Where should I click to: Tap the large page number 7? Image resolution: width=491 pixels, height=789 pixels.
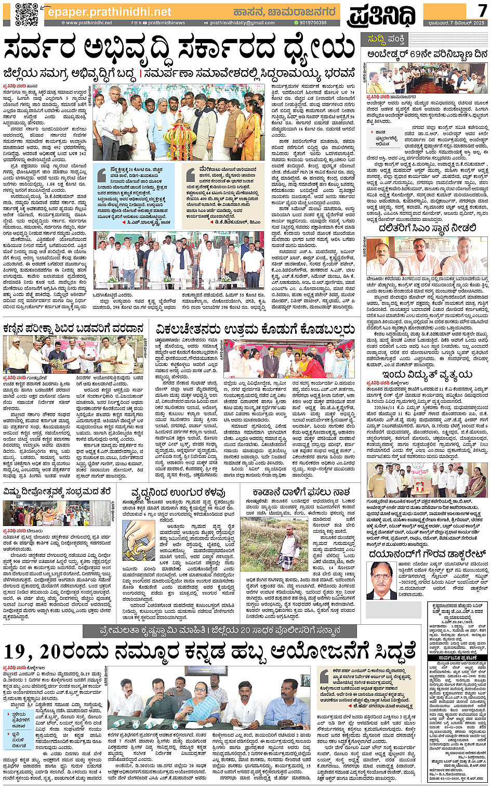pos(482,11)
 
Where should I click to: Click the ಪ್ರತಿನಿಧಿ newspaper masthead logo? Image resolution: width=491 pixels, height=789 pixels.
pos(382,16)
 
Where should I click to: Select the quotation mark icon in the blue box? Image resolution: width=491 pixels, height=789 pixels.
pos(102,175)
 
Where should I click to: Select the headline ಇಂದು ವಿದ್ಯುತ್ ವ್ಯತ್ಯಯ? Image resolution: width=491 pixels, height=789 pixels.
pos(427,374)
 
